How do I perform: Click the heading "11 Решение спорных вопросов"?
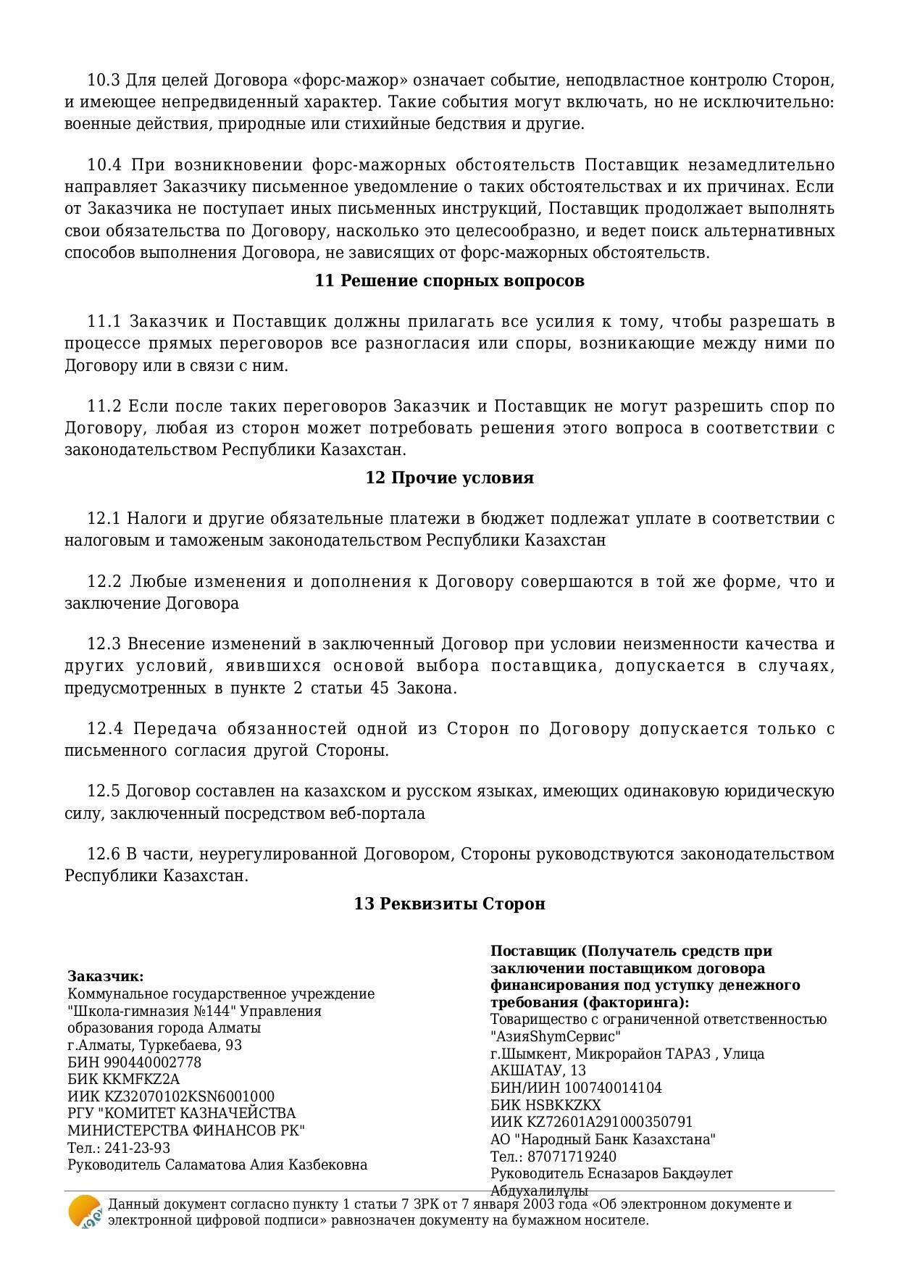click(449, 280)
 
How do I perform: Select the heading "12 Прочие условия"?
click(449, 478)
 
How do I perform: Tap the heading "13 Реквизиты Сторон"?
click(449, 904)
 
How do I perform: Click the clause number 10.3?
click(104, 80)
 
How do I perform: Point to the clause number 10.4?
click(104, 165)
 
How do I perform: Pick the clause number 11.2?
click(104, 406)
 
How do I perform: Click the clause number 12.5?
click(104, 791)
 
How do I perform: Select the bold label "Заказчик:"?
click(106, 976)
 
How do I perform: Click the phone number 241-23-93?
click(137, 1148)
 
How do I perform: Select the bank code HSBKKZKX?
click(564, 1105)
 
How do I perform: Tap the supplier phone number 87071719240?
click(572, 1157)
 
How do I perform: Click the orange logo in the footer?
click(85, 1212)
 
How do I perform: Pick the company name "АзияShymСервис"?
click(556, 1036)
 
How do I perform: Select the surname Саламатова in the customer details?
click(206, 1165)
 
